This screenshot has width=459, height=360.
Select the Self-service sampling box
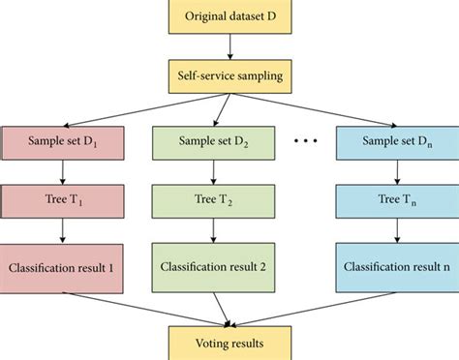click(229, 74)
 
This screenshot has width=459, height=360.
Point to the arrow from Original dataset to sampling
click(229, 46)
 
